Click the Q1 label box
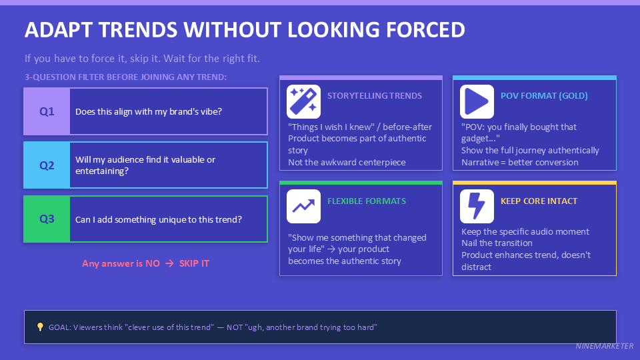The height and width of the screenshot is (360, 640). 47,111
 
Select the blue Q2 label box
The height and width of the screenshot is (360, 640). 47,165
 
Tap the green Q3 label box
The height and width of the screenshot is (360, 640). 47,219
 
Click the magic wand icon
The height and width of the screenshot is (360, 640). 303,102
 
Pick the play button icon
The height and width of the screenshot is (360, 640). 477,102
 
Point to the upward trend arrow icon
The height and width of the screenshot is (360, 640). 303,206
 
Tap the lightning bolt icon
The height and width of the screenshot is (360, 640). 477,206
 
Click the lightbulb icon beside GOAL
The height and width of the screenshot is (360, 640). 40,327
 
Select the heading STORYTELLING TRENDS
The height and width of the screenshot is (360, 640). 375,95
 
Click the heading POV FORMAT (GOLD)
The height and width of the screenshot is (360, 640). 544,95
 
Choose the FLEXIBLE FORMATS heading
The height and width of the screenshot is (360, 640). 367,201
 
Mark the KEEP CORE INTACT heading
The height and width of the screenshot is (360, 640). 539,201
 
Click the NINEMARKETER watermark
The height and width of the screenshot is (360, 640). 605,347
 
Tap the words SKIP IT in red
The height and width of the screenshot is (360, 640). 194,263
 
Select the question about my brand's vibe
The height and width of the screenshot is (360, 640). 149,111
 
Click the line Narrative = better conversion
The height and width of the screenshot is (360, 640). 520,162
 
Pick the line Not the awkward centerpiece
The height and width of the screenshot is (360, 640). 347,162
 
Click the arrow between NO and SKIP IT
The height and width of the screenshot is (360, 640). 169,263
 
